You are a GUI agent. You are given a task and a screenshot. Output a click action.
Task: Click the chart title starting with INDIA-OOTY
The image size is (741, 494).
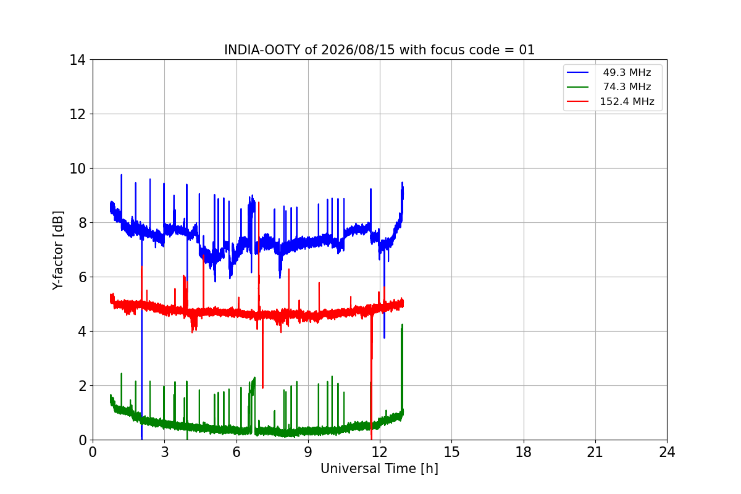[379, 50]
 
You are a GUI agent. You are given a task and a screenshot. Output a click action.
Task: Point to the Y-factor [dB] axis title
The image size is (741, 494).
[57, 250]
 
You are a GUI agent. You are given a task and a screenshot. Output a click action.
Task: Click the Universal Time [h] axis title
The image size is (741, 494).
[379, 469]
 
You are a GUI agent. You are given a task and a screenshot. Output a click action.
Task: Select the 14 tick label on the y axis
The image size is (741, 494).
[77, 61]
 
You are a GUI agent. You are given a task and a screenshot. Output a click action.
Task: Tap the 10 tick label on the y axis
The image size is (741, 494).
[77, 169]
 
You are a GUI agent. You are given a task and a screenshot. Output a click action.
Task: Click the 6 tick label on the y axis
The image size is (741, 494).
[82, 277]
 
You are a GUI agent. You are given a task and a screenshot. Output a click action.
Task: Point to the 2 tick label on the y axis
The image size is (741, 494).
[82, 386]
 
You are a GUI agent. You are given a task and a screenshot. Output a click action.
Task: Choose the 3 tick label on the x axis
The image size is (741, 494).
[165, 452]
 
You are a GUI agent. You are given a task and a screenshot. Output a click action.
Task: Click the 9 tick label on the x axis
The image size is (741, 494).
[308, 452]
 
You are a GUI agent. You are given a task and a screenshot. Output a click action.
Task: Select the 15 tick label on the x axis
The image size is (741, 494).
[451, 452]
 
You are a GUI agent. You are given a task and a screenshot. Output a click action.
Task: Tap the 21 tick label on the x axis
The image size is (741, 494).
[595, 452]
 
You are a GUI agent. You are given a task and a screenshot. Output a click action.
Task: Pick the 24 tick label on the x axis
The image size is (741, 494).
[667, 452]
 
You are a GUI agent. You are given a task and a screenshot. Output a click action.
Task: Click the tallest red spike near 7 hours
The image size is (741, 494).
[259, 202]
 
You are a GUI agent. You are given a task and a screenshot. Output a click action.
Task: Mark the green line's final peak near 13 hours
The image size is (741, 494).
[402, 325]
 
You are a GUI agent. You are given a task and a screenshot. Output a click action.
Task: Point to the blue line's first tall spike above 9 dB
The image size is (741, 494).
[122, 175]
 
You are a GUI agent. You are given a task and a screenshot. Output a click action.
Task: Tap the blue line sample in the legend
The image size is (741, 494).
[577, 72]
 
